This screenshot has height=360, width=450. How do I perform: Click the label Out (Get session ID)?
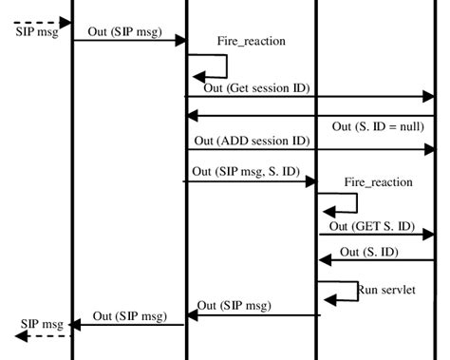pyautogui.click(x=256, y=88)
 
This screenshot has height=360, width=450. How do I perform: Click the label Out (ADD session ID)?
pyautogui.click(x=252, y=141)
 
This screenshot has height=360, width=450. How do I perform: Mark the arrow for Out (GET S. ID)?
pyautogui.click(x=376, y=234)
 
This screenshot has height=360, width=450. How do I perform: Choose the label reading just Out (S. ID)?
pyautogui.click(x=367, y=252)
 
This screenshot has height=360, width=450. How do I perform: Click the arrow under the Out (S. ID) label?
pyautogui.click(x=376, y=260)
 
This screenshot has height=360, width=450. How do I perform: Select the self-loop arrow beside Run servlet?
pyautogui.click(x=338, y=291)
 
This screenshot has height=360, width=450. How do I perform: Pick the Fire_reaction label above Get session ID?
pyautogui.click(x=251, y=43)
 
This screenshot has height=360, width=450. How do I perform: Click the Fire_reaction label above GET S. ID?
pyautogui.click(x=378, y=182)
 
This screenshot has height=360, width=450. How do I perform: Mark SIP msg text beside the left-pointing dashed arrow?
pyautogui.click(x=39, y=323)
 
